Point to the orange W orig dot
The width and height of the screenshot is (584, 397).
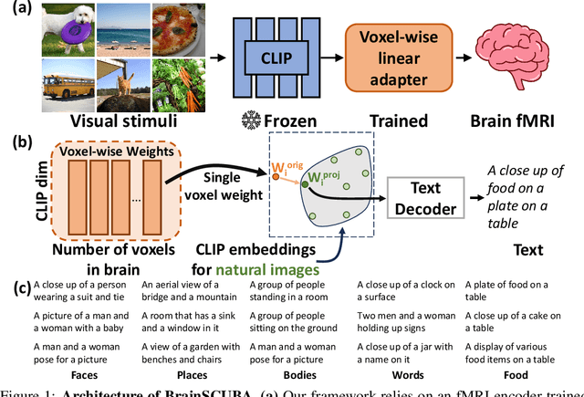[276, 176]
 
